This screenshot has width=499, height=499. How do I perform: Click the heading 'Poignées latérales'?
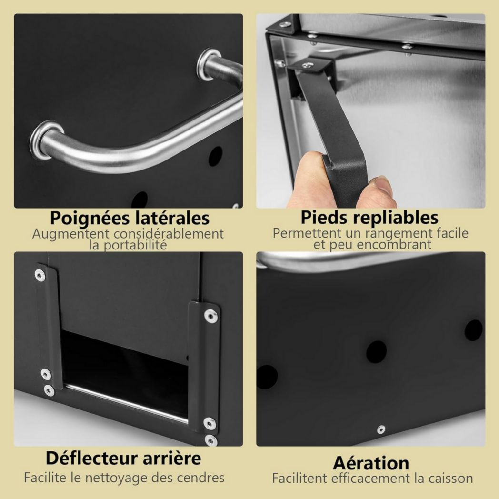point(130,218)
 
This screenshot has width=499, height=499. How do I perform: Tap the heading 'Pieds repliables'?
point(369,217)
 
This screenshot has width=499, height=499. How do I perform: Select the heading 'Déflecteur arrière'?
point(123,458)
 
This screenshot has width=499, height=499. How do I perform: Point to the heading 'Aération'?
point(371,463)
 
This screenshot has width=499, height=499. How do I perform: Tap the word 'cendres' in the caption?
point(201,478)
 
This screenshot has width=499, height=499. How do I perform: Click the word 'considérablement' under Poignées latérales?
point(169,234)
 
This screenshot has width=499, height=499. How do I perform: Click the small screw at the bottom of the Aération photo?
point(381,429)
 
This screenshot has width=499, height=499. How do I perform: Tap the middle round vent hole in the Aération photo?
point(377,352)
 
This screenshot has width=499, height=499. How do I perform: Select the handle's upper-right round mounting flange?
point(209,64)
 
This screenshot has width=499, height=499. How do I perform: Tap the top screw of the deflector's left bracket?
point(40,275)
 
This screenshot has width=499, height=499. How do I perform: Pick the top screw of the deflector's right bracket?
point(210,316)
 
